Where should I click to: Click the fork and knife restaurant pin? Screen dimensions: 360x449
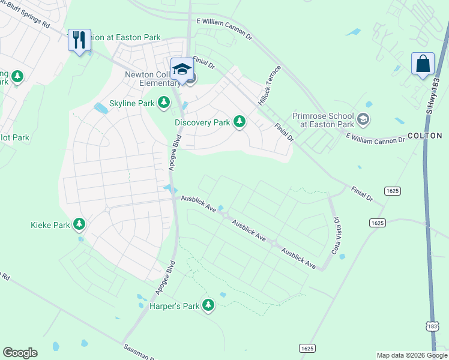[79, 40]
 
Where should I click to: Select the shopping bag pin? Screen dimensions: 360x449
[423, 64]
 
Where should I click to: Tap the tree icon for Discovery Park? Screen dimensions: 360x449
[240, 122]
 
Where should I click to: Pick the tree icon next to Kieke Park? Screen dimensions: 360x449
[79, 225]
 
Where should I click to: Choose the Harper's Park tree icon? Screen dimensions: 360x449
[208, 306]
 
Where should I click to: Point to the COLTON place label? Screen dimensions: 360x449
[425, 136]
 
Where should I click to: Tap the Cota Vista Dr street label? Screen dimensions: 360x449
[337, 235]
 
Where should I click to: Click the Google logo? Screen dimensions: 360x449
[20, 353]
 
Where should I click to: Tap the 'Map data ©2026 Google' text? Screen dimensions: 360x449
[412, 355]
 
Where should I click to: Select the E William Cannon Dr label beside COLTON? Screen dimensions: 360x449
[375, 139]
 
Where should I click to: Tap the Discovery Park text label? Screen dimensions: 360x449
[202, 122]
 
